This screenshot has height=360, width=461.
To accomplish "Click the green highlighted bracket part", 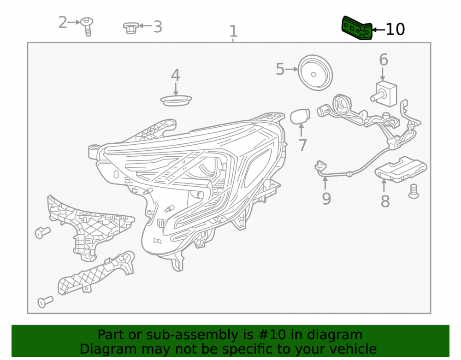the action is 357,28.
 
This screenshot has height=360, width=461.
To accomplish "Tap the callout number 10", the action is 395,30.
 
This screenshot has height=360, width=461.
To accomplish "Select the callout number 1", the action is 233,31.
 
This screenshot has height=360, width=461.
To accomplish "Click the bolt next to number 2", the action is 87,26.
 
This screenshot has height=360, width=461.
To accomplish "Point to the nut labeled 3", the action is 131,28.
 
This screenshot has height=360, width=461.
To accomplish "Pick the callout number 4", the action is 176,76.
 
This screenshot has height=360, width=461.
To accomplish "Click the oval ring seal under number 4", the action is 176,100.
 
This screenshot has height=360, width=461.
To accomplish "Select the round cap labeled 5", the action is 315,72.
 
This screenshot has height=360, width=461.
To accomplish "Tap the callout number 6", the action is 384,59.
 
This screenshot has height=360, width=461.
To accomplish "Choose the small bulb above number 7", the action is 300,116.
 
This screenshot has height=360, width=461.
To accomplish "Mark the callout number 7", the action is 302,145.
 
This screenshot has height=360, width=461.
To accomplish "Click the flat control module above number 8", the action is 401,170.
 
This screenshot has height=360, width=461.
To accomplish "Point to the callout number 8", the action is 385,201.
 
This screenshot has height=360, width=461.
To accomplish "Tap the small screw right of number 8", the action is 414,191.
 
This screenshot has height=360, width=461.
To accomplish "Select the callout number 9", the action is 326,199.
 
